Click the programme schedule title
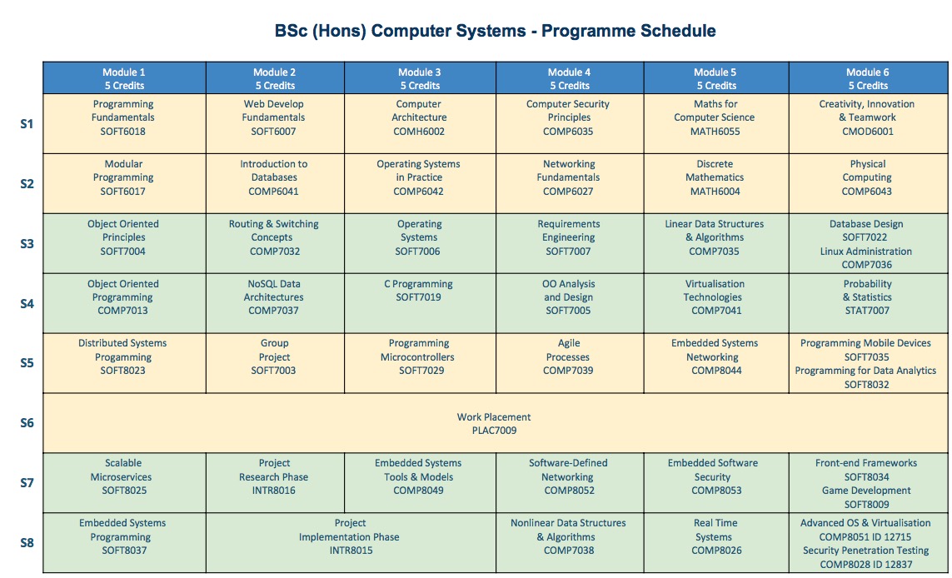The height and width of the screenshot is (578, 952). click(x=495, y=31)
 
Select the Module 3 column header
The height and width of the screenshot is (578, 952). click(x=420, y=78)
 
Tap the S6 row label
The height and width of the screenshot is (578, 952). click(x=27, y=422)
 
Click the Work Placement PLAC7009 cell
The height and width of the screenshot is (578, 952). click(x=495, y=423)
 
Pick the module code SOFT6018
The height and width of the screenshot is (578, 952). click(x=122, y=131)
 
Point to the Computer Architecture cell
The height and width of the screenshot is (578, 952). click(x=420, y=123)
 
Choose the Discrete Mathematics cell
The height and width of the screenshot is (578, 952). click(x=715, y=183)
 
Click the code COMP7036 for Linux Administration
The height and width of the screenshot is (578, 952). click(x=866, y=265)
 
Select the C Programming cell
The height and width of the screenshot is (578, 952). click(x=420, y=303)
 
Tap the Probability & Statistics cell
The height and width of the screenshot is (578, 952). click(x=868, y=303)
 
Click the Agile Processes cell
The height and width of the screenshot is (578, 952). click(x=570, y=363)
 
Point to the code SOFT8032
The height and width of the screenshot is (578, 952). click(x=866, y=384)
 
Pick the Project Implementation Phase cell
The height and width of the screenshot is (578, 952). click(x=351, y=543)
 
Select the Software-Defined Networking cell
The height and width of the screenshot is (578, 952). click(x=570, y=483)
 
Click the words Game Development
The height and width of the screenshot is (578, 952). click(x=866, y=491)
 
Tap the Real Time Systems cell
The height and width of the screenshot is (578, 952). click(x=715, y=543)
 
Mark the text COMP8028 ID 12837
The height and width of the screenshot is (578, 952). click(x=866, y=565)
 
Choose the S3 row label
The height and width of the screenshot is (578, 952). click(x=27, y=243)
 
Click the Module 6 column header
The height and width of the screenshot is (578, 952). click(x=868, y=78)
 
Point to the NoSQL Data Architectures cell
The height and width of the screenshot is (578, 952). click(x=275, y=303)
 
